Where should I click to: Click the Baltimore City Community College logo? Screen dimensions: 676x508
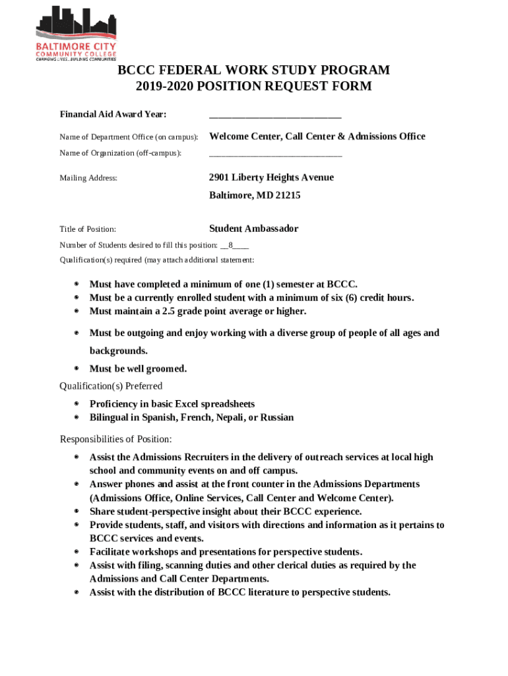click(75, 33)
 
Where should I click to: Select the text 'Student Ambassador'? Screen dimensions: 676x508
click(253, 228)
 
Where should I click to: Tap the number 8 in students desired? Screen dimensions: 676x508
click(231, 245)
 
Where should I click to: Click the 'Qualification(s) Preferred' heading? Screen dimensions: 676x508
click(111, 386)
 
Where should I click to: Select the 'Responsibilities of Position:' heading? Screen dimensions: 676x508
click(116, 440)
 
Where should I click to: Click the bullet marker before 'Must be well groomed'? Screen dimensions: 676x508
click(77, 369)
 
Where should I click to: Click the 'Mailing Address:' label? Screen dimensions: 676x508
click(88, 178)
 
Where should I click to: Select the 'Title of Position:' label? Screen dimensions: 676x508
click(88, 229)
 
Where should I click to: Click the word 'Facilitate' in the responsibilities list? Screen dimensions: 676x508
click(112, 552)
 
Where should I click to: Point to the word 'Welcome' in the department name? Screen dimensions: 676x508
click(229, 137)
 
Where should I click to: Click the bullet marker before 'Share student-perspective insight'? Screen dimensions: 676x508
click(77, 512)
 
